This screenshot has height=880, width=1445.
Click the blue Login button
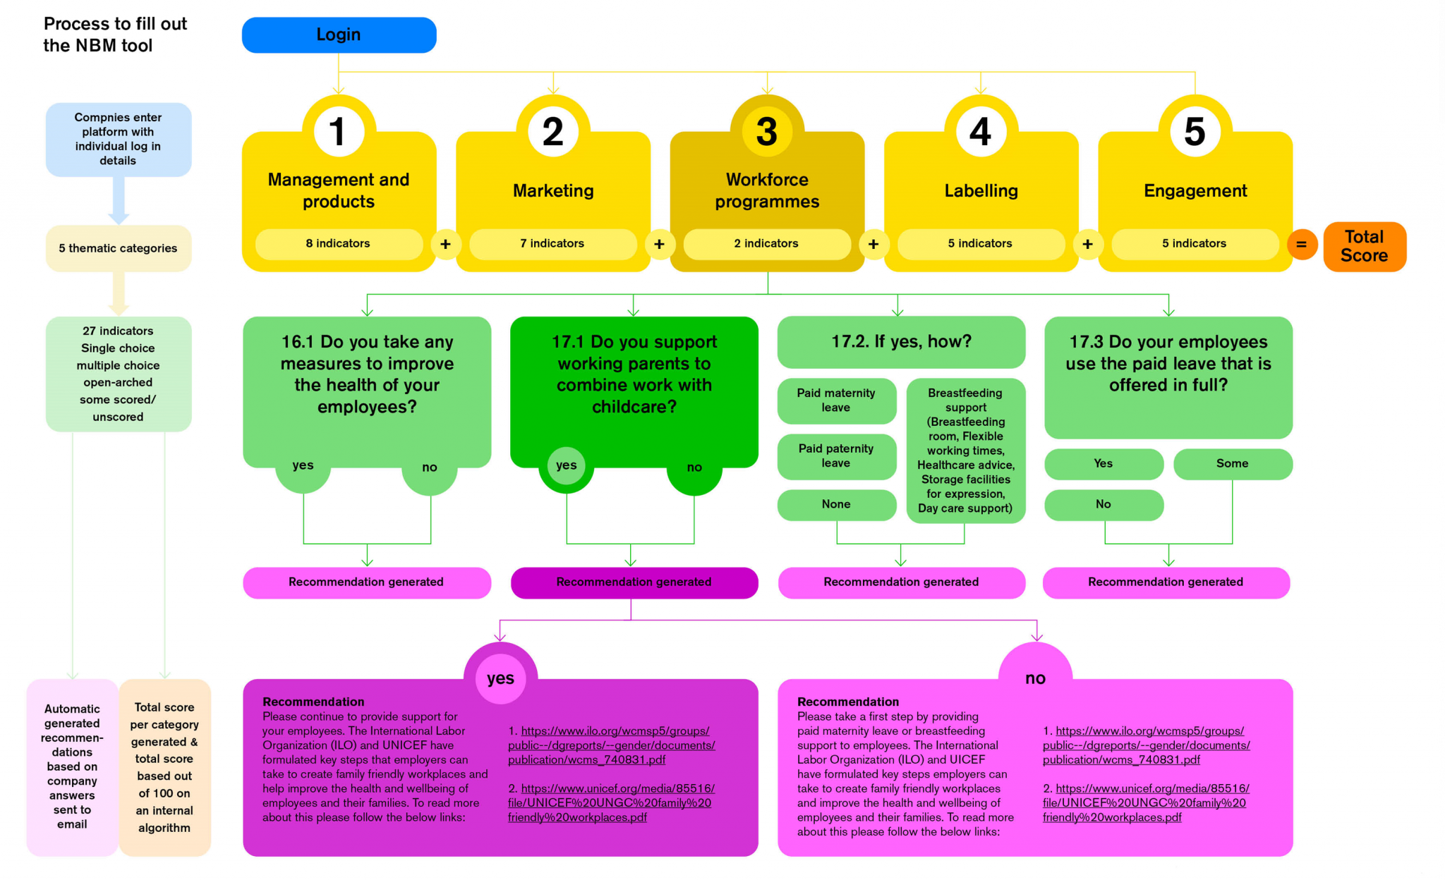coord(339,35)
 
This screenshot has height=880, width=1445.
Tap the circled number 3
coord(767,132)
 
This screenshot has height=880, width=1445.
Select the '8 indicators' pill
coord(338,244)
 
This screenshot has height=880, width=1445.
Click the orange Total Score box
coord(1364,247)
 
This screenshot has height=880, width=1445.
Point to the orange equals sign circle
coord(1302,245)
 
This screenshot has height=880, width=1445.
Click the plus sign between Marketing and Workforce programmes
coord(659,244)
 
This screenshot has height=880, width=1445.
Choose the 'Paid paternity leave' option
coord(836,456)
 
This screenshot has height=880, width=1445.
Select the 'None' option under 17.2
coord(836,505)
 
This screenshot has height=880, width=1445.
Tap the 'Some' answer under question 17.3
coord(1232,464)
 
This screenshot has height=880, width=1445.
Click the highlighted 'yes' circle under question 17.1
coord(566,465)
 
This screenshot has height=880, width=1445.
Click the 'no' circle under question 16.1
coord(430,468)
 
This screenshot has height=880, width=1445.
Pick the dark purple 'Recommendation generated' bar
coord(634,582)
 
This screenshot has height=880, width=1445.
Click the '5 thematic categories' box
coord(118,248)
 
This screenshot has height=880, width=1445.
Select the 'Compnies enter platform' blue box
coord(118,139)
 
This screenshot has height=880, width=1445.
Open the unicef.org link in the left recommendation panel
coord(610,803)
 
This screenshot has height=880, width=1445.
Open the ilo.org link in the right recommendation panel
coord(1146,745)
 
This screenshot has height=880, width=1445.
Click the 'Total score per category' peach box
coord(164,767)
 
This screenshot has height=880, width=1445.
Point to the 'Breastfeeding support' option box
coord(965,451)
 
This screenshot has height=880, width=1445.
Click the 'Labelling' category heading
coord(981,191)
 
